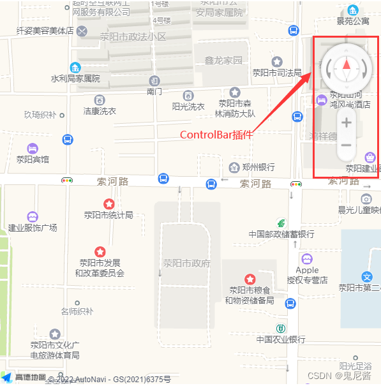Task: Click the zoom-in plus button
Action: pyautogui.click(x=346, y=122)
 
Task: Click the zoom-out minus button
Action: pyautogui.click(x=346, y=145)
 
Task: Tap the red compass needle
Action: pyautogui.click(x=347, y=64)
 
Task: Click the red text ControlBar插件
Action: pyautogui.click(x=216, y=135)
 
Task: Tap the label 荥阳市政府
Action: pyautogui.click(x=186, y=263)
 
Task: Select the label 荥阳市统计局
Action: pyautogui.click(x=109, y=215)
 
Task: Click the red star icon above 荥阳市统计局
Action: pyautogui.click(x=109, y=204)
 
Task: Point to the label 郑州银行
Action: pyautogui.click(x=258, y=167)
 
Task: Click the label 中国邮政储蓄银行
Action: pyautogui.click(x=281, y=234)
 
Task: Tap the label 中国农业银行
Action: pyautogui.click(x=281, y=339)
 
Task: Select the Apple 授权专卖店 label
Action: pyautogui.click(x=307, y=275)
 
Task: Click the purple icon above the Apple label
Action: pyautogui.click(x=307, y=259)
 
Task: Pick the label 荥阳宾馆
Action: pyautogui.click(x=33, y=160)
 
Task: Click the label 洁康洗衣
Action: pyautogui.click(x=100, y=111)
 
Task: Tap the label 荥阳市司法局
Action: pyautogui.click(x=277, y=73)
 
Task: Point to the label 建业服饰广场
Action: pyautogui.click(x=33, y=228)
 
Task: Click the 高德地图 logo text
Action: pyautogui.click(x=30, y=378)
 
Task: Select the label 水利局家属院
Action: pyautogui.click(x=75, y=78)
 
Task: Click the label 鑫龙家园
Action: pyautogui.click(x=223, y=61)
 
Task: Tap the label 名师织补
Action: pyautogui.click(x=77, y=312)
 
